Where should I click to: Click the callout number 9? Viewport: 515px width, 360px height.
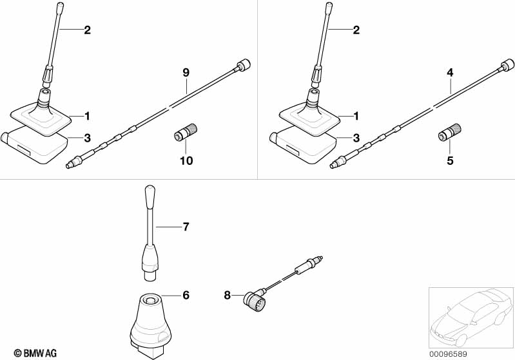pyautogui.click(x=186, y=73)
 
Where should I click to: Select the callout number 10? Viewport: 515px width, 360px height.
pyautogui.click(x=186, y=161)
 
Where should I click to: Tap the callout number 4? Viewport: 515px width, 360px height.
pyautogui.click(x=450, y=73)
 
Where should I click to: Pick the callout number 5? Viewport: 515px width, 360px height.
pyautogui.click(x=450, y=161)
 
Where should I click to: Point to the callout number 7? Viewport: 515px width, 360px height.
pyautogui.click(x=186, y=227)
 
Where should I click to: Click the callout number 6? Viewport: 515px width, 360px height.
pyautogui.click(x=186, y=296)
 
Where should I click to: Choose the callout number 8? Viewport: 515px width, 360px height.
pyautogui.click(x=228, y=296)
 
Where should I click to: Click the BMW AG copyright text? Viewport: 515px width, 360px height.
pyautogui.click(x=35, y=354)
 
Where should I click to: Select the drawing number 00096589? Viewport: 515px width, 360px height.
pyautogui.click(x=448, y=354)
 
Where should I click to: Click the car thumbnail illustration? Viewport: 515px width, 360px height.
pyautogui.click(x=471, y=317)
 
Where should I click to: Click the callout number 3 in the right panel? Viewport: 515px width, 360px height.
pyautogui.click(x=356, y=138)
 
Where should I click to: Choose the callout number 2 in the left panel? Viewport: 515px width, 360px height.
pyautogui.click(x=87, y=30)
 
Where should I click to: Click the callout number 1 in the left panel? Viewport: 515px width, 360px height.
pyautogui.click(x=87, y=116)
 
